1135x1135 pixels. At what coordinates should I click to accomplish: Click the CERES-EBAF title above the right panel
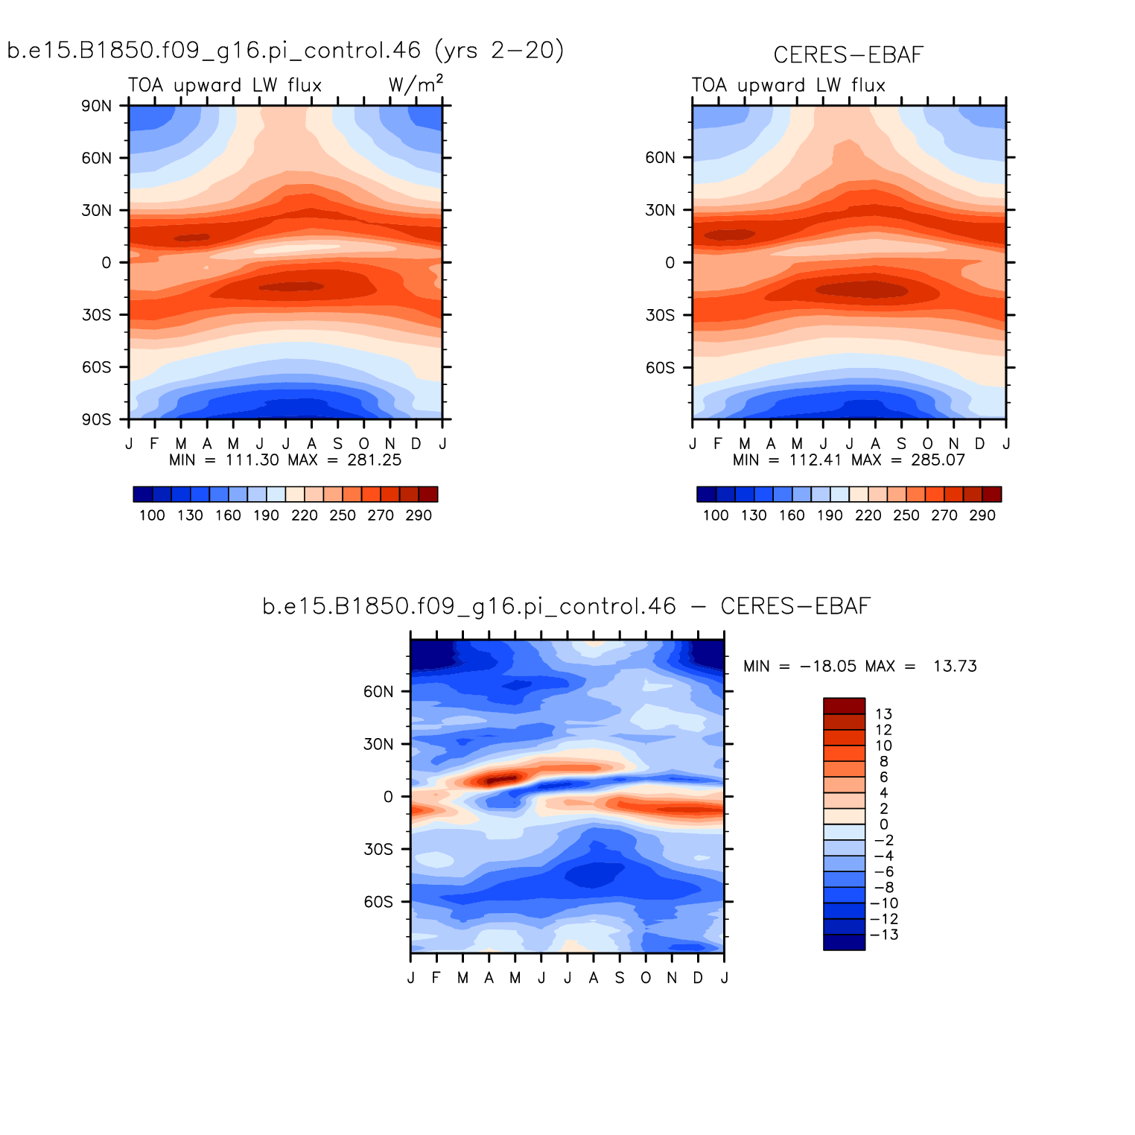[x=848, y=55]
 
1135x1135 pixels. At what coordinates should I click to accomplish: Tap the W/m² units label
[x=416, y=84]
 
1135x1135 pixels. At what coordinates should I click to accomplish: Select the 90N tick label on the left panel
[x=97, y=106]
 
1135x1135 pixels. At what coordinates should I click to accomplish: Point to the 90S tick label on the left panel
[x=97, y=419]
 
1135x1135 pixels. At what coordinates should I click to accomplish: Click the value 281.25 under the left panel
[x=375, y=460]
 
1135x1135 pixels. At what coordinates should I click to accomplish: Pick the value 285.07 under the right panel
[x=938, y=460]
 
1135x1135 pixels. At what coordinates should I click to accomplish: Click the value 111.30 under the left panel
[x=252, y=460]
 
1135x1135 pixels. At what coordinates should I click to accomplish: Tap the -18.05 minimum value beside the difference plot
[x=828, y=666]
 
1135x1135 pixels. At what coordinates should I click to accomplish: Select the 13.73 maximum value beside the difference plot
[x=955, y=666]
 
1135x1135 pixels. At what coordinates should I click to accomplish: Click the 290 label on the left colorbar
[x=419, y=515]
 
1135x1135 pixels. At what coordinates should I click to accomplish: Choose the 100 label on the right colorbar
[x=716, y=515]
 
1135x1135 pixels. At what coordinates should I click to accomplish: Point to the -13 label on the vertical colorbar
[x=884, y=935]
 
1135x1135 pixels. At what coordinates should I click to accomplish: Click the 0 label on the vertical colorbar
[x=884, y=824]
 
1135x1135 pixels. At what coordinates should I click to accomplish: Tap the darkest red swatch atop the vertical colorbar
[x=844, y=706]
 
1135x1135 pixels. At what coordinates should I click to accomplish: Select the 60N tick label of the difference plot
[x=378, y=692]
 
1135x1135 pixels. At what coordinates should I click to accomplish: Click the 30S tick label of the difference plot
[x=378, y=850]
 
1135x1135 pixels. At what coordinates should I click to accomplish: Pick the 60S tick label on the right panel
[x=660, y=368]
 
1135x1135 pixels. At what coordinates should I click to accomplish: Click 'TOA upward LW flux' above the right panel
[x=788, y=86]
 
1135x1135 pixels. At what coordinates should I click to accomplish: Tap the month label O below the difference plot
[x=646, y=978]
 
